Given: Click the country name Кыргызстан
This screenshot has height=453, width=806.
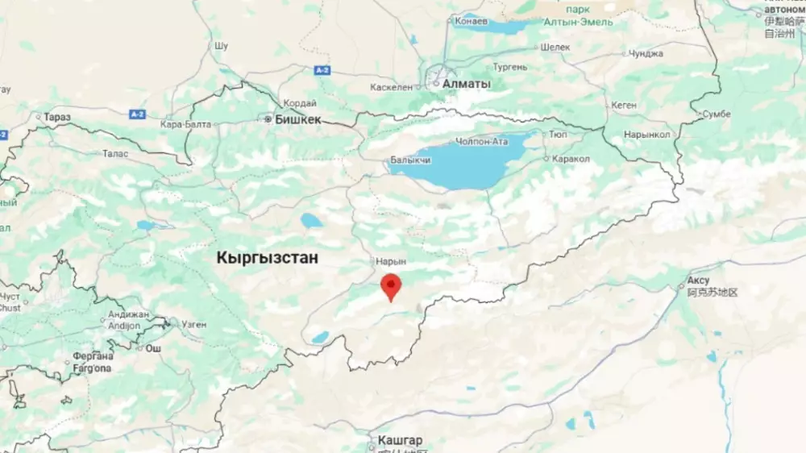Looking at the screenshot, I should (268, 258).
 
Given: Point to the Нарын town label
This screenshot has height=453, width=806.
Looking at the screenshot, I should (391, 262).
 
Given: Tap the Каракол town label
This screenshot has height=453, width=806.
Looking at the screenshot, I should (571, 159).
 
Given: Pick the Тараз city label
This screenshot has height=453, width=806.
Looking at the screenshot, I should (57, 117).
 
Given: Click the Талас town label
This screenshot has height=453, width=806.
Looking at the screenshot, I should (116, 153).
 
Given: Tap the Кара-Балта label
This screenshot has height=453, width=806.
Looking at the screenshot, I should (185, 124).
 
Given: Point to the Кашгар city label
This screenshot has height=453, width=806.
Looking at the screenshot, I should (401, 441).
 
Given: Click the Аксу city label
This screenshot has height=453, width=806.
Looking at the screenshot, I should (697, 281).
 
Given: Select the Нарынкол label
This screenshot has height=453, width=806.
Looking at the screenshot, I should (647, 135).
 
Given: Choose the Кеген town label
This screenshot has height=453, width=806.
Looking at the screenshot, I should (624, 105).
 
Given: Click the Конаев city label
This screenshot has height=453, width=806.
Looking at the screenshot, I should (471, 21).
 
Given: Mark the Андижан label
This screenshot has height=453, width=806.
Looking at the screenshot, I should (129, 314).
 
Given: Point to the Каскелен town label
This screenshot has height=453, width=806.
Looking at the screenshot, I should (393, 86).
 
